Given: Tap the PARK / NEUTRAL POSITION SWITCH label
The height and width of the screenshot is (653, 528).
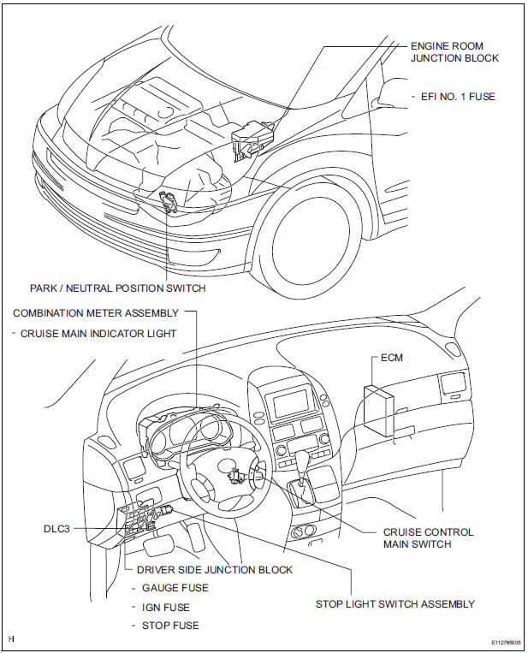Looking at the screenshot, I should [x=117, y=288].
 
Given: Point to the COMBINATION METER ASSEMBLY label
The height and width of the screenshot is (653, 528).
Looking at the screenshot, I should [x=96, y=314].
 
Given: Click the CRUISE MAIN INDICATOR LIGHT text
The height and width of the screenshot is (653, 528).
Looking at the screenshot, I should [x=98, y=334].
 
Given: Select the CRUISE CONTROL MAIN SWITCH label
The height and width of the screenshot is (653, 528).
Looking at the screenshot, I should [x=428, y=537].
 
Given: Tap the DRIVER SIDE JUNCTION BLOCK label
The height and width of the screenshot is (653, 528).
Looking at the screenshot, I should [x=208, y=570].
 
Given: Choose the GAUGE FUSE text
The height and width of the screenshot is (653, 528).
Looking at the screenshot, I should [x=175, y=588].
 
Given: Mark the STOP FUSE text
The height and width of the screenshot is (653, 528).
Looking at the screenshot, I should [x=169, y=626].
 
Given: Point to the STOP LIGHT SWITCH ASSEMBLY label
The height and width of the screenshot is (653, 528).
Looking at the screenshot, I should [x=395, y=604].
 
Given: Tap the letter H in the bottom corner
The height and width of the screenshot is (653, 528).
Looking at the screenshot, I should [x=11, y=638].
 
